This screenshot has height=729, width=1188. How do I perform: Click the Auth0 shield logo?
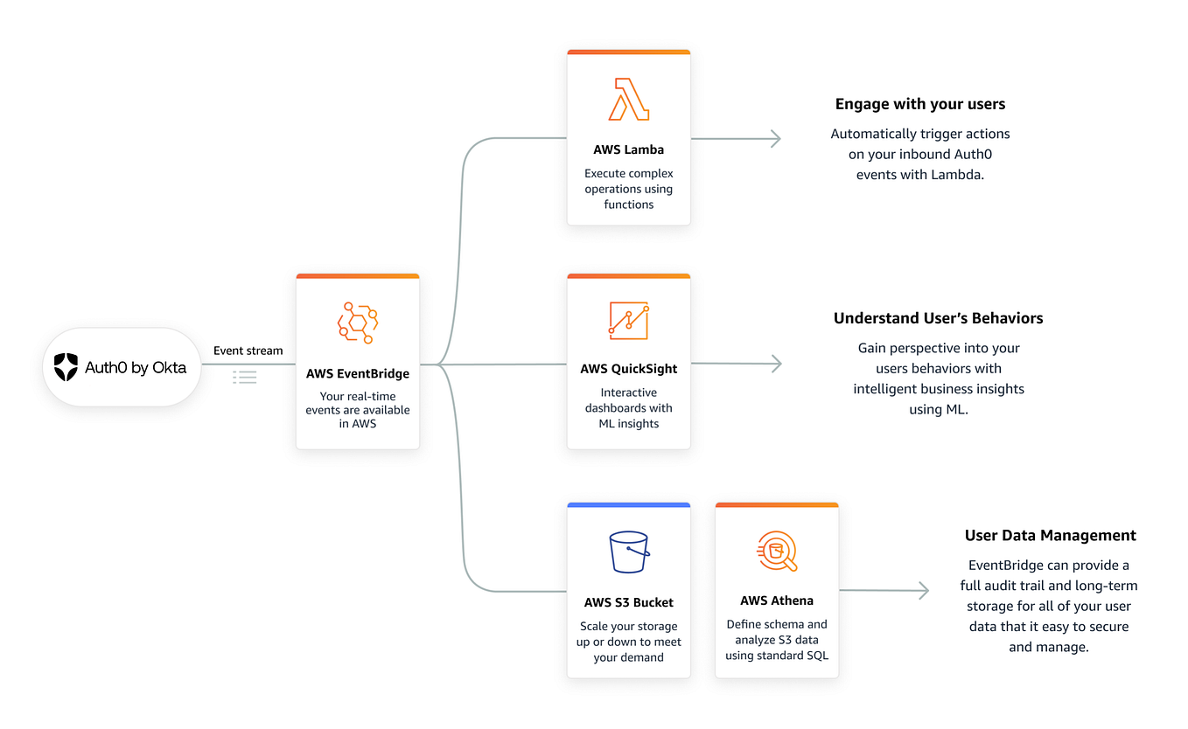pyautogui.click(x=66, y=367)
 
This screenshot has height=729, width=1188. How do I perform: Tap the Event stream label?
pyautogui.click(x=248, y=351)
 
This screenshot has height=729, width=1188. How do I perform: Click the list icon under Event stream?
pyautogui.click(x=245, y=377)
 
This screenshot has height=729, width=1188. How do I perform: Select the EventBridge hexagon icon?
pyautogui.click(x=357, y=323)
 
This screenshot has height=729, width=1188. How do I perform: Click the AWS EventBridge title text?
pyautogui.click(x=358, y=373)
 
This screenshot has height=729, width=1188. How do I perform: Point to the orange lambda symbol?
pyautogui.click(x=629, y=99)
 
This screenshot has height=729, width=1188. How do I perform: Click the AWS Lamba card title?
pyautogui.click(x=628, y=149)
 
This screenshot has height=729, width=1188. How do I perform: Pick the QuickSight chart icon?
pyautogui.click(x=629, y=321)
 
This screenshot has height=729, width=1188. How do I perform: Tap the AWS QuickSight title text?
pyautogui.click(x=629, y=369)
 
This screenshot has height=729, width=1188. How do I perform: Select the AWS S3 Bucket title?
pyautogui.click(x=629, y=602)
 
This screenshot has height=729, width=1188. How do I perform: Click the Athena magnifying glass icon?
pyautogui.click(x=777, y=551)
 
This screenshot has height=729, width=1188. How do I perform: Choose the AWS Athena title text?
pyautogui.click(x=777, y=601)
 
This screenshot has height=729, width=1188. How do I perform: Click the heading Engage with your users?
pyautogui.click(x=920, y=104)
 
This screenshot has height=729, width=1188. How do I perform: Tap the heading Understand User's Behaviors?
pyautogui.click(x=938, y=318)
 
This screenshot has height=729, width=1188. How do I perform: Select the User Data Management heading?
pyautogui.click(x=1051, y=535)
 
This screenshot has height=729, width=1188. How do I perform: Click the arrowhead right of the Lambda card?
pyautogui.click(x=774, y=138)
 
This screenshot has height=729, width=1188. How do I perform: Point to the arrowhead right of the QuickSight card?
pyautogui.click(x=775, y=364)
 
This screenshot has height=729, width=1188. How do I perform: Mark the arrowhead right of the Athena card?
pyautogui.click(x=923, y=591)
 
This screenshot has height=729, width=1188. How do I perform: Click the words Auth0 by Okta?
pyautogui.click(x=136, y=368)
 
